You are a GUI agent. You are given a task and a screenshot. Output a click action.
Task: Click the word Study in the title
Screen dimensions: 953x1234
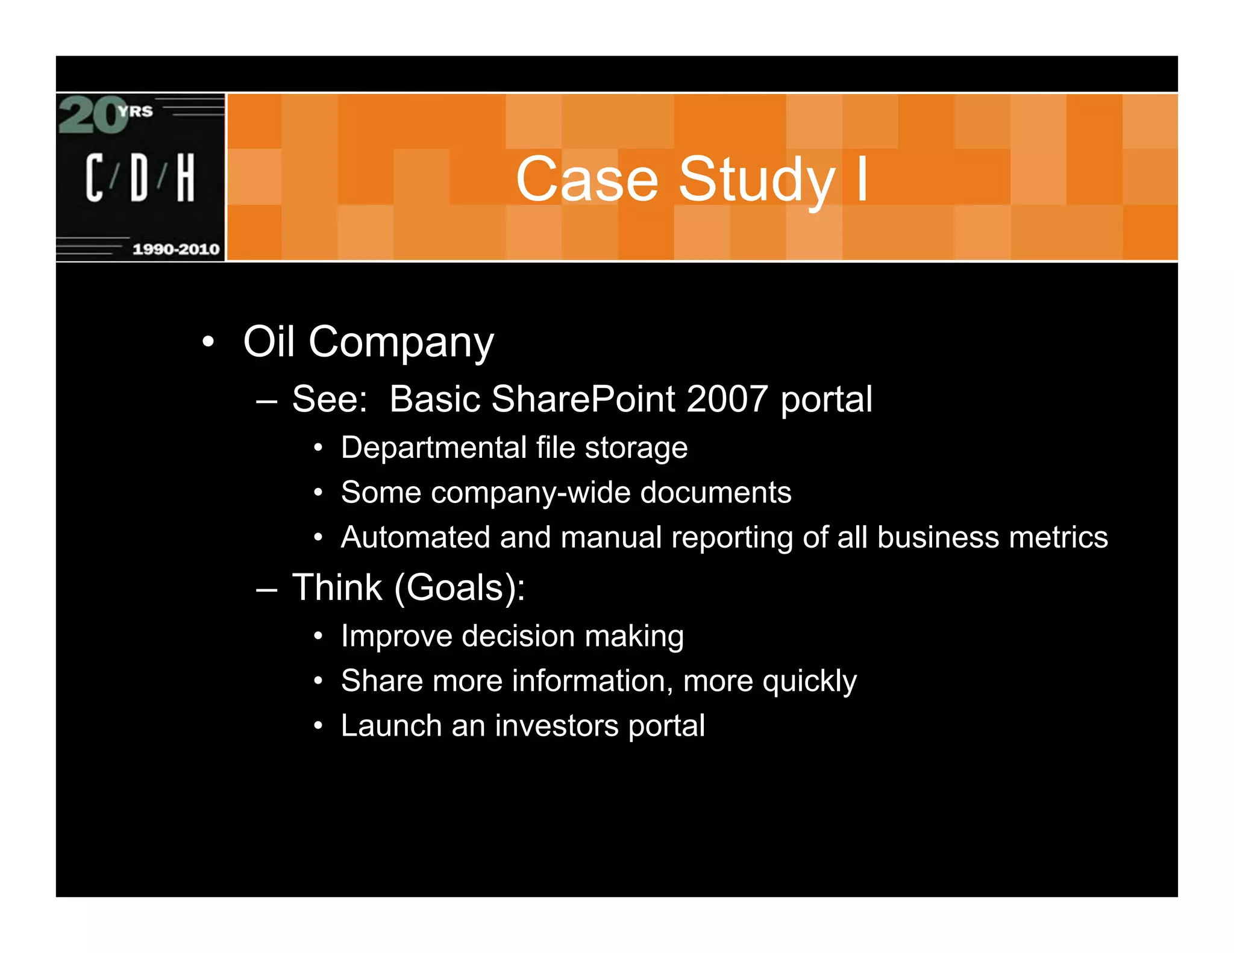[757, 180]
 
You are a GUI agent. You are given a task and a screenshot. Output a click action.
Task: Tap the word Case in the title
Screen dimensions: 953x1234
[587, 180]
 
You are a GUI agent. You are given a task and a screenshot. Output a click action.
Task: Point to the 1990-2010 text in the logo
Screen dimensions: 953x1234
[175, 249]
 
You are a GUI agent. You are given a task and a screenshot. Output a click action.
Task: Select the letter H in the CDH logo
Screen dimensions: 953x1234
[186, 177]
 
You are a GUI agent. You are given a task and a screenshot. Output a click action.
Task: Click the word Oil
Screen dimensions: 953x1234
[269, 342]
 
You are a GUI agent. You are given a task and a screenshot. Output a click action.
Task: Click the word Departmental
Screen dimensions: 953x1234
[433, 448]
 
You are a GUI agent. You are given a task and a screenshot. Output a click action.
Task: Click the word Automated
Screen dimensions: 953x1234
[415, 537]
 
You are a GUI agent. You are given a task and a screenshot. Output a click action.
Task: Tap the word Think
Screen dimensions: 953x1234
[337, 587]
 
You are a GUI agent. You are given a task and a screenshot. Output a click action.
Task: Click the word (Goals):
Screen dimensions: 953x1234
[460, 589]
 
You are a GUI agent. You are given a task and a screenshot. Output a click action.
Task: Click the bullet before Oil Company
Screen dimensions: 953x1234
[208, 342]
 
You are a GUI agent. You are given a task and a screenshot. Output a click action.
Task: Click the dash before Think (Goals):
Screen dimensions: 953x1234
[266, 589]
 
